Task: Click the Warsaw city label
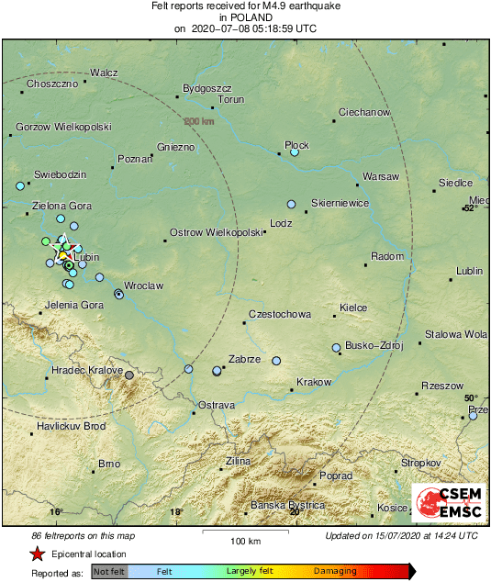click(x=381, y=175)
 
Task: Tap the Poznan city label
click(x=134, y=159)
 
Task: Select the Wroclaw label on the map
click(x=143, y=285)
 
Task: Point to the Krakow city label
click(x=314, y=381)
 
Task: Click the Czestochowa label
click(x=280, y=315)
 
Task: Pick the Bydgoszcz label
click(x=204, y=88)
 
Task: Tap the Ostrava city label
click(x=218, y=404)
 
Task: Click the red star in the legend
click(x=37, y=554)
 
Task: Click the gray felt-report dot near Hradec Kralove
click(x=129, y=375)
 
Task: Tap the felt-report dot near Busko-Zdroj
click(x=337, y=348)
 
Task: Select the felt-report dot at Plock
click(x=295, y=153)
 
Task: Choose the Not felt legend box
click(x=108, y=571)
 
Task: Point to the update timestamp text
click(x=401, y=535)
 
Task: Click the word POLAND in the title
click(x=245, y=17)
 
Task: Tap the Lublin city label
click(x=469, y=272)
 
